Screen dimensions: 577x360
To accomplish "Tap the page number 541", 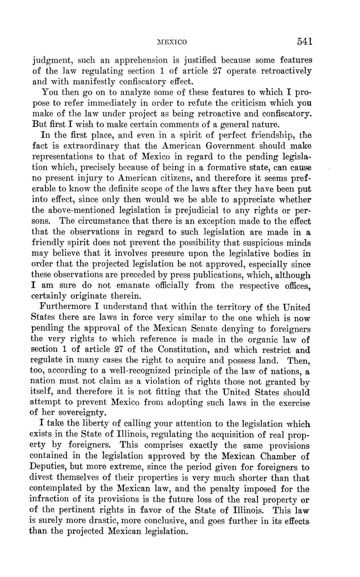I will click(305, 41).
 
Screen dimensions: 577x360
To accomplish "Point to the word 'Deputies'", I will click(51, 467).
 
